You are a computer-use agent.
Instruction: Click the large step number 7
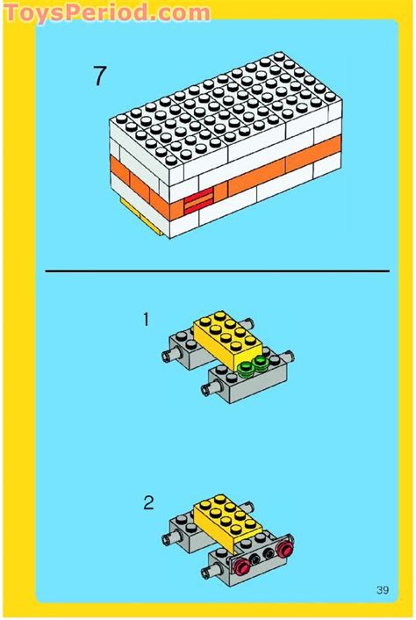[x=99, y=76]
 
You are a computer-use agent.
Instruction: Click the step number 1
[x=147, y=320]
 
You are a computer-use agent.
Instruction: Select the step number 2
[x=148, y=503]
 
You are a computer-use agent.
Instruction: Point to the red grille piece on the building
[x=198, y=202]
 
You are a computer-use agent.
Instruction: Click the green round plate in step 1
[x=251, y=367]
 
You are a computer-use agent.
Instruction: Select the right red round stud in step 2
[x=283, y=550]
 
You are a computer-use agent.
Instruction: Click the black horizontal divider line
[x=216, y=271]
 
